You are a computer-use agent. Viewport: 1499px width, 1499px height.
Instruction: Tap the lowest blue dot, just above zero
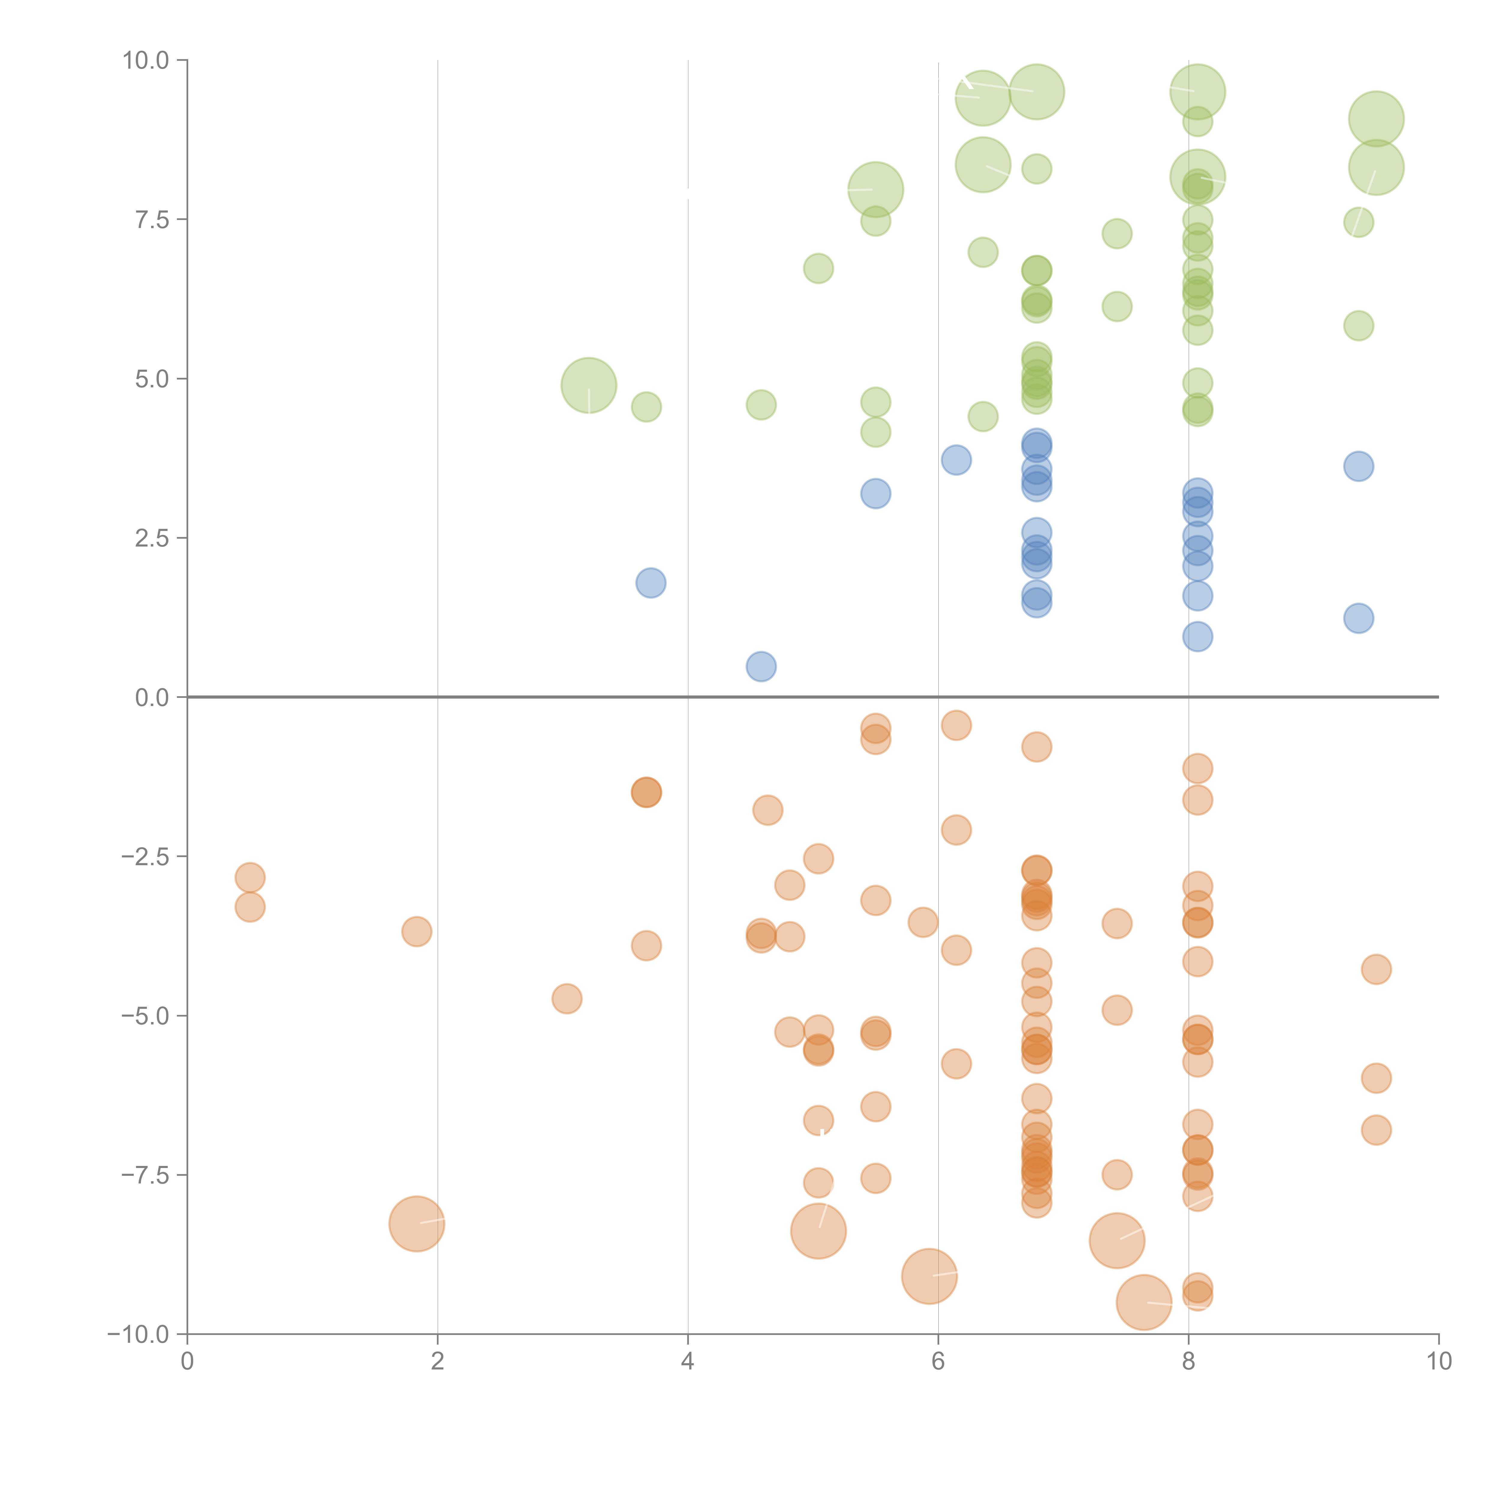pos(761,666)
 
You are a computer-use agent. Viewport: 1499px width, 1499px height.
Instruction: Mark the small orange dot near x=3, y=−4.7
pos(567,999)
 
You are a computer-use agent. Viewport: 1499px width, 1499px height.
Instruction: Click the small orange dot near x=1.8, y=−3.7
pos(417,932)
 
